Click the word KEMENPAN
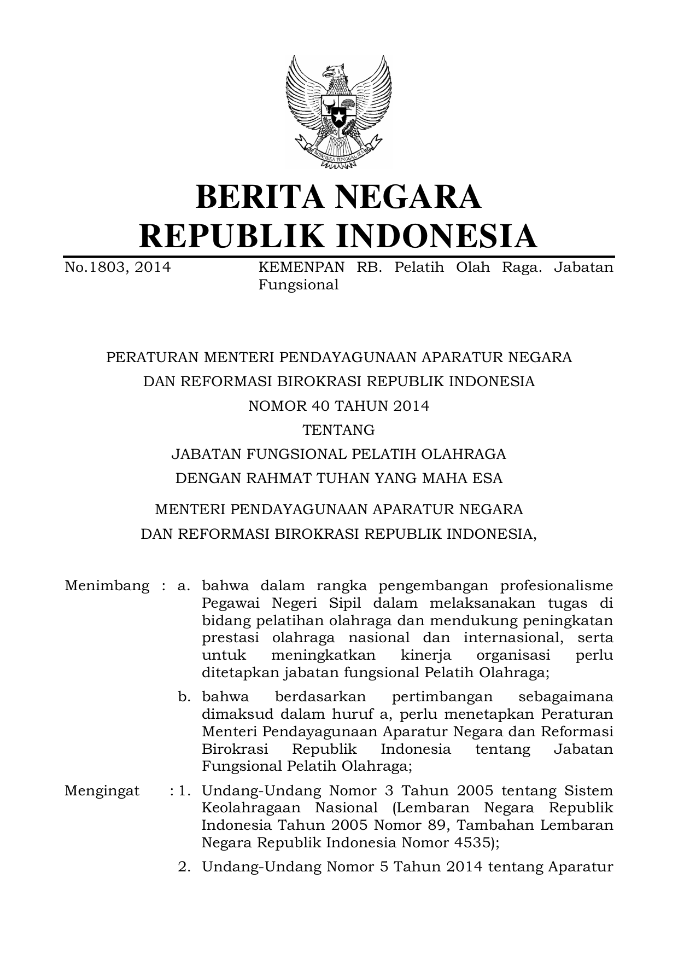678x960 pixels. point(301,267)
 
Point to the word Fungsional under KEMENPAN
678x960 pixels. point(298,285)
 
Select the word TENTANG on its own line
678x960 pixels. point(338,430)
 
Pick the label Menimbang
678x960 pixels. point(107,586)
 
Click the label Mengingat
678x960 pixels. point(102,791)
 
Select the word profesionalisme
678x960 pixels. point(557,586)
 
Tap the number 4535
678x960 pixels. point(474,843)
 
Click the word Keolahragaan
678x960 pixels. point(251,808)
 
